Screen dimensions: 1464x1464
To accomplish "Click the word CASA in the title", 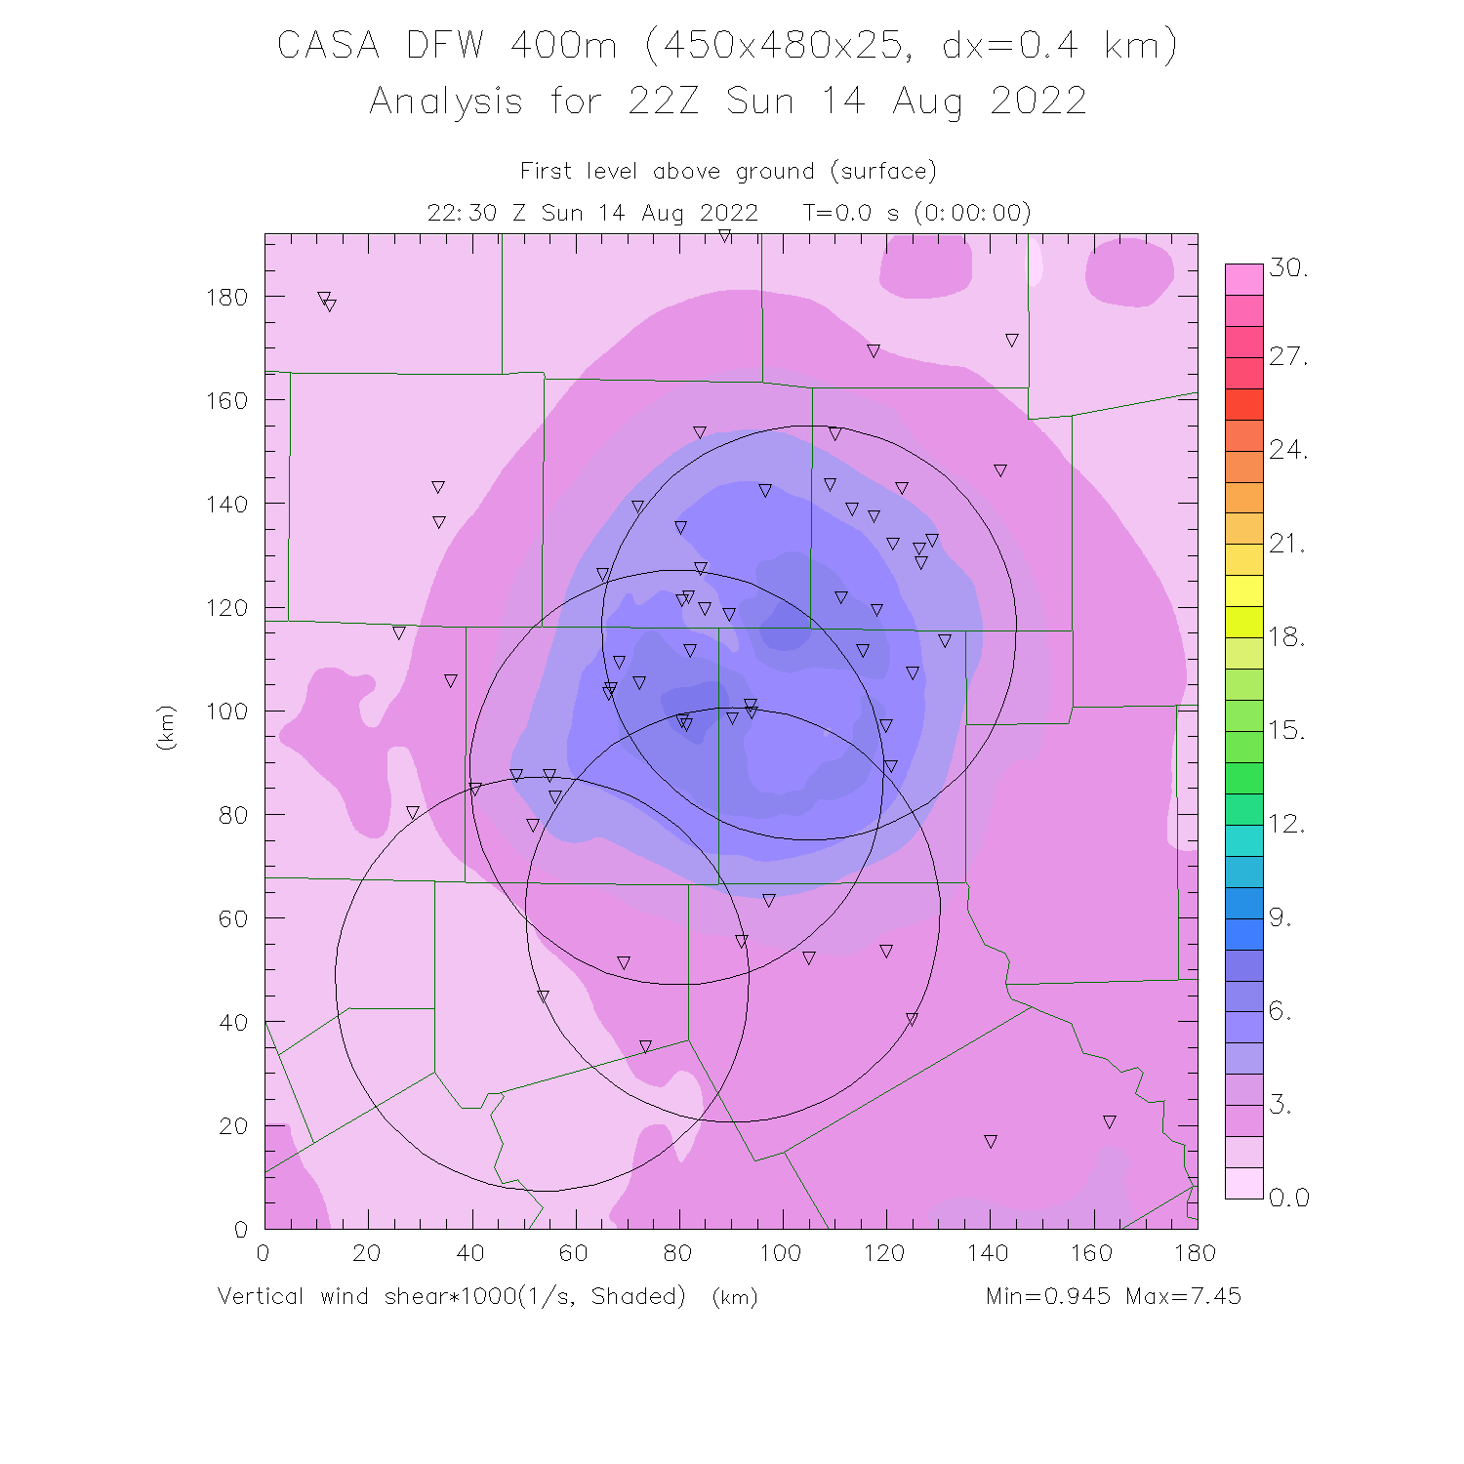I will [x=328, y=46].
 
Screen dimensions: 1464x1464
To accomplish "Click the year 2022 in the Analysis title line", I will [x=1037, y=102].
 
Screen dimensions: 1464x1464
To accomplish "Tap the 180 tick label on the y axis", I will [x=226, y=297].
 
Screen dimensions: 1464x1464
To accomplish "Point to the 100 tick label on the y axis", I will [x=226, y=712].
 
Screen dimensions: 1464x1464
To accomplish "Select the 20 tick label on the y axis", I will [x=232, y=1126].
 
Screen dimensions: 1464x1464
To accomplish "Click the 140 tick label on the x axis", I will [x=989, y=1253].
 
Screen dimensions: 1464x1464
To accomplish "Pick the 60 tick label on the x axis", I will [x=574, y=1253].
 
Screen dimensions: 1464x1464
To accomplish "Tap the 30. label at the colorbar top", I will [x=1288, y=268].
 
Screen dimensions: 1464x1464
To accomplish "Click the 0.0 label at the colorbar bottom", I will [x=1288, y=1199].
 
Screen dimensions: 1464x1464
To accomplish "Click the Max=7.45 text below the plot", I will [x=1183, y=1296].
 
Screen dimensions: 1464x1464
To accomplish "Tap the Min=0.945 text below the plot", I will [x=1047, y=1296].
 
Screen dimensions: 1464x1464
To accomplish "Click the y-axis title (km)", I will [x=166, y=727].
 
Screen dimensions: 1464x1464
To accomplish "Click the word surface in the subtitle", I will [x=883, y=172].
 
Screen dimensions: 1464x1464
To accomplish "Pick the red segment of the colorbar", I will [x=1243, y=404].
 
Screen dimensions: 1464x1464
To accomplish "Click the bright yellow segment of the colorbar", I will [x=1243, y=590].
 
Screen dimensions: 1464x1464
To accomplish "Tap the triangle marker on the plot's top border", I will [x=725, y=236].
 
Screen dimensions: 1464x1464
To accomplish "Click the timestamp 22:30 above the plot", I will [x=462, y=213].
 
